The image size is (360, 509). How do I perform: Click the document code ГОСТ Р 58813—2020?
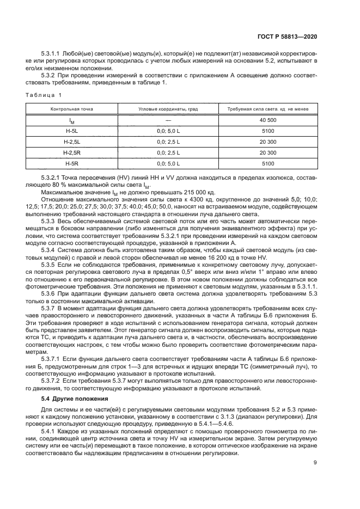(x=287, y=36)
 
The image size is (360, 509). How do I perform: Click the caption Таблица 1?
(x=44, y=96)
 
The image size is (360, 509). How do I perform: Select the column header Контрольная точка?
(x=72, y=109)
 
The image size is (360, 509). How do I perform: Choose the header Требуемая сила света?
(x=264, y=109)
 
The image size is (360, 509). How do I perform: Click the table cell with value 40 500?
(x=268, y=120)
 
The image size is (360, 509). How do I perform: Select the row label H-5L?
(x=72, y=131)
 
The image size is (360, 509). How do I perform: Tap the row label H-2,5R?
(x=72, y=152)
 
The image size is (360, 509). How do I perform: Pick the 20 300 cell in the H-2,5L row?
(x=268, y=142)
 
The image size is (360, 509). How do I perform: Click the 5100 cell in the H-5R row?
(x=268, y=163)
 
